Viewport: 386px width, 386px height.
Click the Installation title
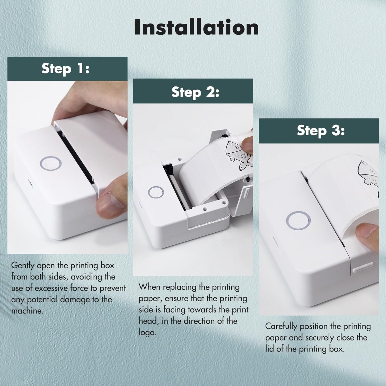[196, 27]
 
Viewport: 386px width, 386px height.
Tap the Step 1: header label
[66, 69]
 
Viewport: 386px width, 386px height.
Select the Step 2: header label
[195, 92]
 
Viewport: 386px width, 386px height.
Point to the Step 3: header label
[321, 130]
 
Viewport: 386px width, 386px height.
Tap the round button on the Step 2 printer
[156, 192]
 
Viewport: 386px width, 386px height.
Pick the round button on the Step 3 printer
[298, 220]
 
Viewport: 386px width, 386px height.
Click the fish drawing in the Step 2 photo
[238, 156]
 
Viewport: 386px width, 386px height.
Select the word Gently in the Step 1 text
[23, 266]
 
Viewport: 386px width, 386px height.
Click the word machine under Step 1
[27, 311]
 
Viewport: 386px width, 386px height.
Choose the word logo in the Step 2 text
[147, 332]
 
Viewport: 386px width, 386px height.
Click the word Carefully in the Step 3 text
[281, 326]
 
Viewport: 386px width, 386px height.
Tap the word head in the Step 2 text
[148, 321]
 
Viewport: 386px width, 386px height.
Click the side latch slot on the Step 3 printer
[363, 267]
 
